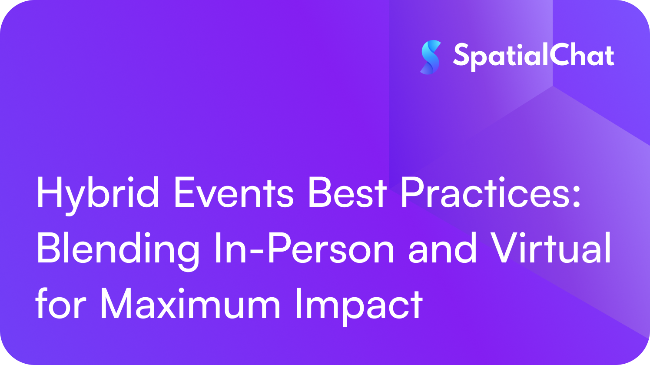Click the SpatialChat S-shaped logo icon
click(x=431, y=57)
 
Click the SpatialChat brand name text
click(x=534, y=56)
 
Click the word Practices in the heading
click(x=484, y=192)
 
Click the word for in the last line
click(x=61, y=303)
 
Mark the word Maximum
click(x=190, y=304)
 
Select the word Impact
click(x=359, y=307)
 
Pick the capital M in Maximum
click(x=116, y=303)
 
